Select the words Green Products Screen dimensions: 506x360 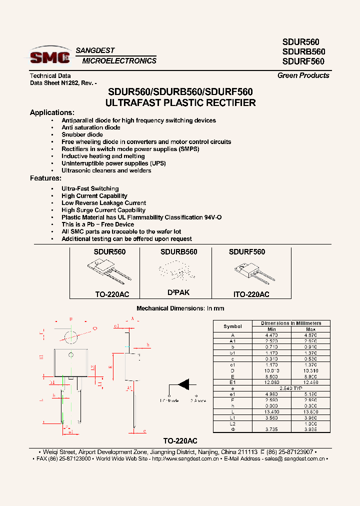point(303,75)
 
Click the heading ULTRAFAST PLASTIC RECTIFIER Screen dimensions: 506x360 point(180,103)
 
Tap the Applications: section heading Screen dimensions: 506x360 point(52,112)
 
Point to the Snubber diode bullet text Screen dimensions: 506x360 point(82,134)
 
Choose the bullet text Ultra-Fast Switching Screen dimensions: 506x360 point(90,188)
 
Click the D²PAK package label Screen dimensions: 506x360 point(178,292)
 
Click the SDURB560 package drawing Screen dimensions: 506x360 point(178,272)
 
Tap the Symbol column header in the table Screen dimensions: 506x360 point(232,326)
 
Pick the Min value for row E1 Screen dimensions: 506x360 point(271,381)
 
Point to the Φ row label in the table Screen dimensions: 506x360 point(232,429)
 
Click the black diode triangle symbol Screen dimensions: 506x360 point(185,384)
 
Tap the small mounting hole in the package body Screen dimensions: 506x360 point(71,354)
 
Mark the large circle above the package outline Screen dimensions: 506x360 point(71,335)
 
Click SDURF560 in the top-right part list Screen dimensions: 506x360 point(303,61)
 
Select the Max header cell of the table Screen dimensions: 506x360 point(310,329)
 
